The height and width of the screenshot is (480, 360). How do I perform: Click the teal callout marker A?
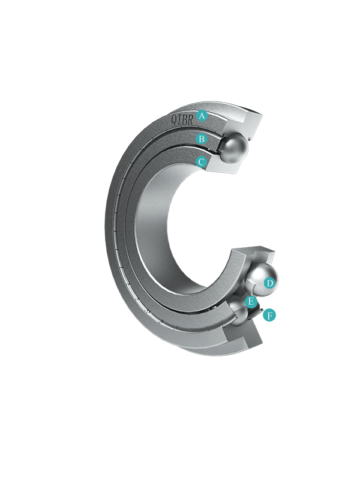point(202,116)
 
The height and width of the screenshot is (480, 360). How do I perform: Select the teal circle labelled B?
point(202,139)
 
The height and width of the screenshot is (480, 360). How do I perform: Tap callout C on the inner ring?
point(201,161)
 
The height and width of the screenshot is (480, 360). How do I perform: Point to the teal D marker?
point(269,283)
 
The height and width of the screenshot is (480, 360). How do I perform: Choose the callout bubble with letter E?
point(251,302)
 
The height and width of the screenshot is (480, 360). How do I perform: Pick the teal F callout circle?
point(269,315)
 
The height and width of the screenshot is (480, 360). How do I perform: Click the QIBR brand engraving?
point(182,119)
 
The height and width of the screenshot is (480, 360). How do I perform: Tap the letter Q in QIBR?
point(173,119)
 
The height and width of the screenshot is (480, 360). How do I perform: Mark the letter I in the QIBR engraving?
point(179,119)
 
